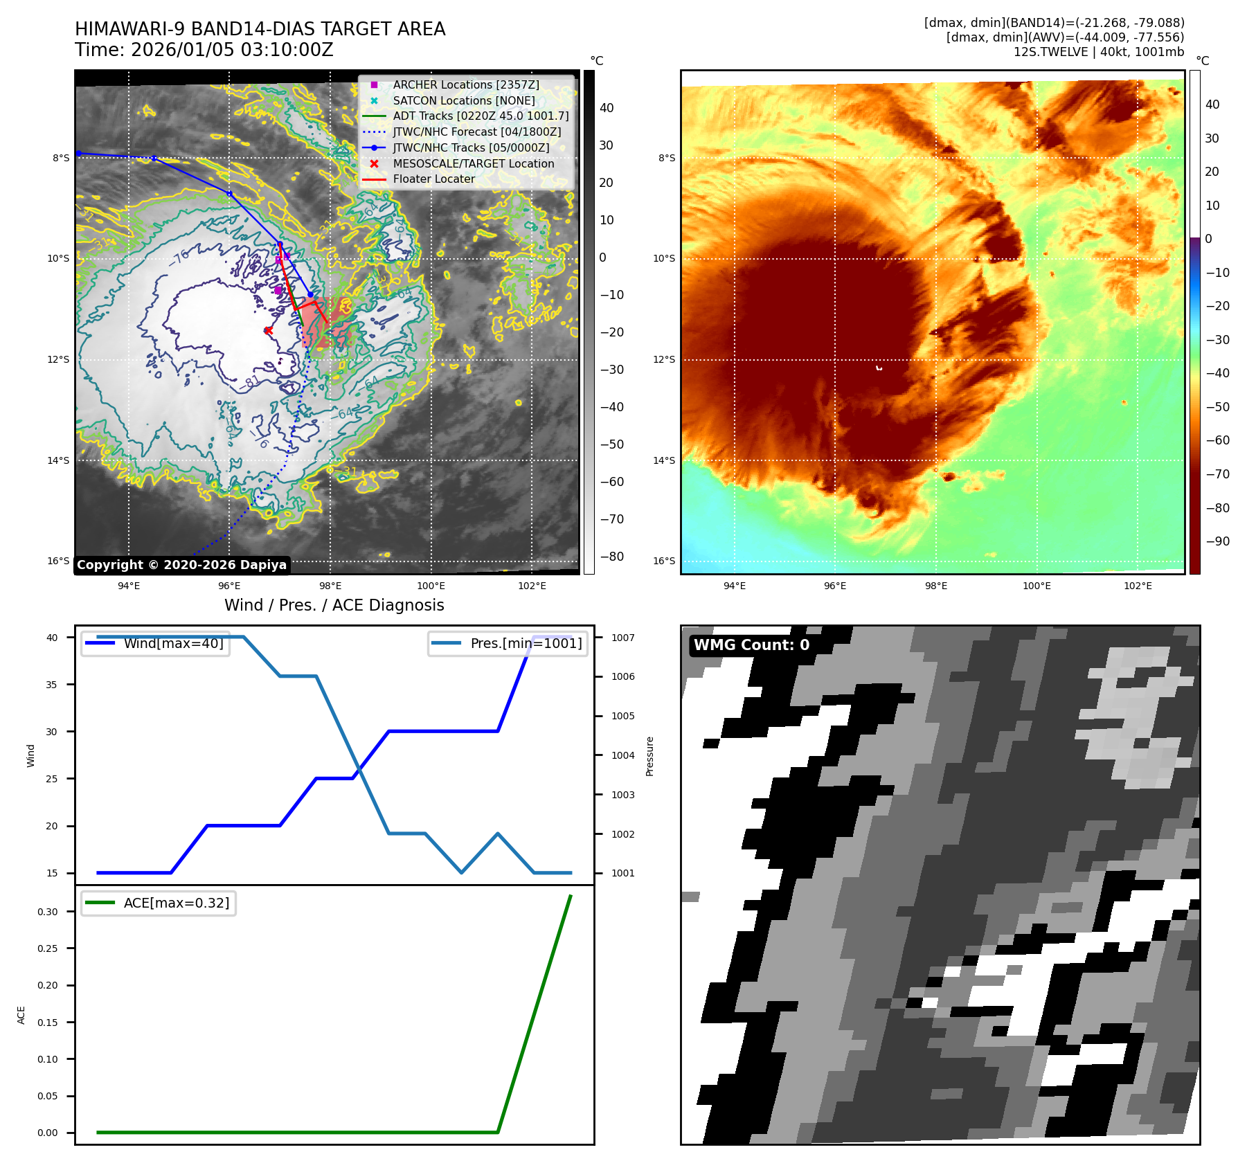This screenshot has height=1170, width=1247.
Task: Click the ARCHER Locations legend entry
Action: click(x=465, y=84)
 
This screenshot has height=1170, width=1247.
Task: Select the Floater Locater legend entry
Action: click(x=433, y=179)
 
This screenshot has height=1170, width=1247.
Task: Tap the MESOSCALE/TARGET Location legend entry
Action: click(x=473, y=163)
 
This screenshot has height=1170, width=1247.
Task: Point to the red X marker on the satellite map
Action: click(x=268, y=330)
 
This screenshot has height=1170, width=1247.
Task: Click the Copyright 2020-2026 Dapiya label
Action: click(x=181, y=565)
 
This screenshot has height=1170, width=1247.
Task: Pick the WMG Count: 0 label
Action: click(x=751, y=645)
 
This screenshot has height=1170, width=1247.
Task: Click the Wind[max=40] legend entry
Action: click(x=173, y=643)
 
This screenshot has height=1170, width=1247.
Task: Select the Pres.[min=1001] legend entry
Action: click(x=526, y=643)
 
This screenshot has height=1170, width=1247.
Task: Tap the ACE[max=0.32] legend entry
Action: click(x=176, y=903)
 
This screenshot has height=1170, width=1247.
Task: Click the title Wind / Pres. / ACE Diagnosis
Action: click(x=334, y=605)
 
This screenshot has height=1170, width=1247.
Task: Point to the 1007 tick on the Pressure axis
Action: click(x=622, y=638)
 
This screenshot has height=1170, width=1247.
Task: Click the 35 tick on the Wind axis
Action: click(x=52, y=685)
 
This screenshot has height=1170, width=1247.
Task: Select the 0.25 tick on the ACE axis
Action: click(x=48, y=948)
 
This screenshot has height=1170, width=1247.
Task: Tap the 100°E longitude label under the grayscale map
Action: click(x=431, y=586)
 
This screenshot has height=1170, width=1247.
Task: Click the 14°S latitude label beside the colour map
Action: click(x=663, y=460)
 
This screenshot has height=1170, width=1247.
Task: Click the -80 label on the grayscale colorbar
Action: click(x=611, y=557)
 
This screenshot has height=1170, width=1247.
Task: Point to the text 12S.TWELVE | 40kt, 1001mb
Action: click(x=1099, y=52)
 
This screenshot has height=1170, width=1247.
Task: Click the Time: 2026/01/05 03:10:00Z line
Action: click(x=204, y=50)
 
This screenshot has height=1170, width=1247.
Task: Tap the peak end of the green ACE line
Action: click(x=571, y=896)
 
